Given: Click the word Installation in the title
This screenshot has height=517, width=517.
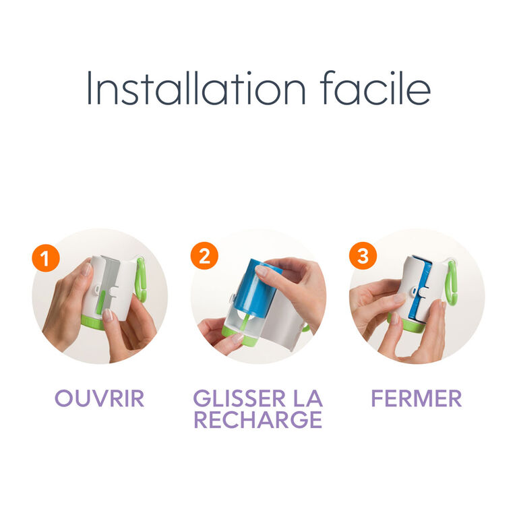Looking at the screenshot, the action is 197,88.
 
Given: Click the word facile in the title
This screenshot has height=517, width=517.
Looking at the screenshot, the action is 375,88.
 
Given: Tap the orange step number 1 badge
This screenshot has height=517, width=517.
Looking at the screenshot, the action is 46,258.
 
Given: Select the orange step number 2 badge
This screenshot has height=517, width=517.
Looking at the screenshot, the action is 204,256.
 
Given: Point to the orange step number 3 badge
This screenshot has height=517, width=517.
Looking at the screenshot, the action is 363,256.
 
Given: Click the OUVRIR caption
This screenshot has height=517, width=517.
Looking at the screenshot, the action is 100,398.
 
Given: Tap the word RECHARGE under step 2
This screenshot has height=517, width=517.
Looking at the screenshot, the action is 258,419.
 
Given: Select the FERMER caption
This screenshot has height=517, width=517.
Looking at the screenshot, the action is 417,398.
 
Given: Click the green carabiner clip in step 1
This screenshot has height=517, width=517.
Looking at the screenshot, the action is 141,280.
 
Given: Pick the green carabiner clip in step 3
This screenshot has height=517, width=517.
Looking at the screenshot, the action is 451,283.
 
